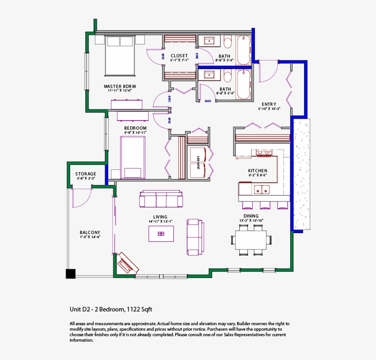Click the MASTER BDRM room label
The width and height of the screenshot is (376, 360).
click(120, 86)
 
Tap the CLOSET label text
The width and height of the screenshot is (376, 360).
click(179, 55)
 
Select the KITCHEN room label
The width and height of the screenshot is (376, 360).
click(257, 170)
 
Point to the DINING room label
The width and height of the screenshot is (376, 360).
click(251, 216)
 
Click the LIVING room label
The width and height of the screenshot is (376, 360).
click(160, 217)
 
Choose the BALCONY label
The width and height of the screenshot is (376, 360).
click(89, 233)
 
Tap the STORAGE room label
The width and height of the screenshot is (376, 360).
click(86, 174)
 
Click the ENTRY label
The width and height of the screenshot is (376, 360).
click(269, 104)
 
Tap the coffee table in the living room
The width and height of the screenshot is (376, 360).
click(161, 234)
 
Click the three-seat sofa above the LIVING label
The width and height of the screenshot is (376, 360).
click(161, 200)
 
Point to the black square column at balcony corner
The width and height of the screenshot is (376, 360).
click(70, 273)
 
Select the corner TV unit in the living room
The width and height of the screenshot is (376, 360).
click(127, 263)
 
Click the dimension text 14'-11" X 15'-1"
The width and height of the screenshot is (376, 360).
click(160, 222)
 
